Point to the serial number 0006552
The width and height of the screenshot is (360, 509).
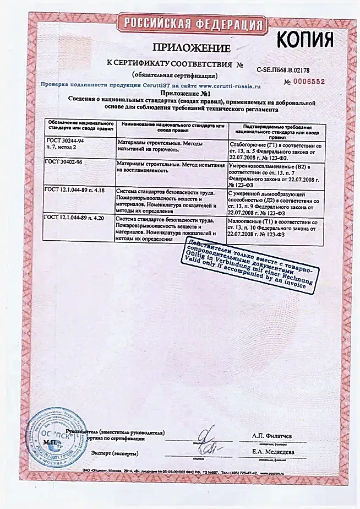(x=304, y=82)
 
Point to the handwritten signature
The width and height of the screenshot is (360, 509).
(x=208, y=442)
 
